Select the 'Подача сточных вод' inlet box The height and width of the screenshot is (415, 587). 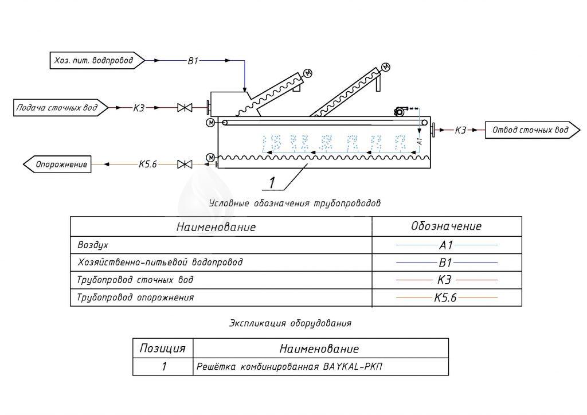tap(60, 107)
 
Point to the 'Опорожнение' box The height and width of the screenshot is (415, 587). tap(59, 165)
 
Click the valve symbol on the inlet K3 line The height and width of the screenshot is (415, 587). tap(185, 107)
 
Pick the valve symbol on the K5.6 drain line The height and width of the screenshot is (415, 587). tap(185, 165)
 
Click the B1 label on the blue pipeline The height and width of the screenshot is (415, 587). tap(193, 60)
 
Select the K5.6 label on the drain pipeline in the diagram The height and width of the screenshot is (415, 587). tap(147, 165)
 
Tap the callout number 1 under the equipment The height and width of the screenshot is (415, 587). tap(272, 182)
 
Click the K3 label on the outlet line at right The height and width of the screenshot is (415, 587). tap(460, 131)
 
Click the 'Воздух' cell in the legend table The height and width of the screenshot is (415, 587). tap(93, 245)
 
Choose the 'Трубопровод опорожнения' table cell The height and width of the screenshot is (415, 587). tap(135, 297)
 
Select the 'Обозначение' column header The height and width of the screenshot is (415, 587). tap(447, 226)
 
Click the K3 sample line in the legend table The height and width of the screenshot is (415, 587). tap(447, 280)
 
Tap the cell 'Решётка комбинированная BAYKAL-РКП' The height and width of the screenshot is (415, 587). tap(288, 366)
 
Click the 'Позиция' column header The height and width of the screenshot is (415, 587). tap(163, 348)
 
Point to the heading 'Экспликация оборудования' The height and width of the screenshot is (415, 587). tap(290, 323)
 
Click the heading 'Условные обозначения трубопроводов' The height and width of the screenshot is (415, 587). tap(294, 203)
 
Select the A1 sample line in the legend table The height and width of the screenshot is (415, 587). tap(447, 245)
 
